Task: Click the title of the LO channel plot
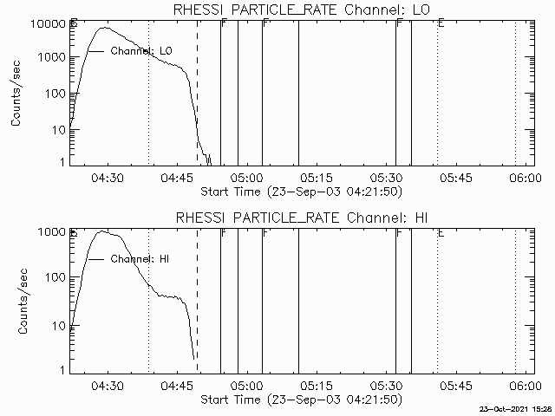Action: [302, 10]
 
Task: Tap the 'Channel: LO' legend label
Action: [140, 51]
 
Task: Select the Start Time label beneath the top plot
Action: [300, 191]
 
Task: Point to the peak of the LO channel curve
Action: [105, 28]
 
